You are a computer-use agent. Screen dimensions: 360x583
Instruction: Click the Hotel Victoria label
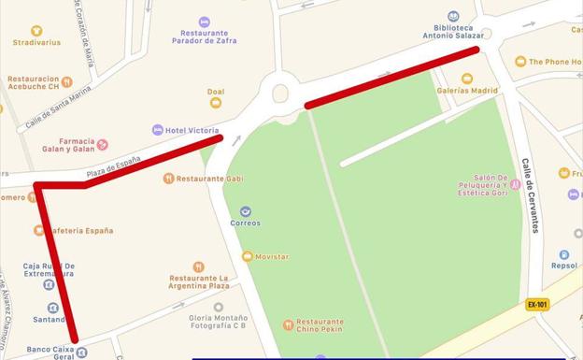pyautogui.click(x=192, y=130)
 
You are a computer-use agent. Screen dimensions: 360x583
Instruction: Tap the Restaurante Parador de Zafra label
pyautogui.click(x=204, y=36)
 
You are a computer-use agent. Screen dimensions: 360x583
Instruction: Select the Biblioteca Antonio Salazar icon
pyautogui.click(x=453, y=16)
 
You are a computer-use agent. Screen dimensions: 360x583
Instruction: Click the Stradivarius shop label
pyautogui.click(x=36, y=42)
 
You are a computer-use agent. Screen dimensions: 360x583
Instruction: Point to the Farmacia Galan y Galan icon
pyautogui.click(x=103, y=144)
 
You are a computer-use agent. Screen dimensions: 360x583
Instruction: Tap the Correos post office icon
pyautogui.click(x=246, y=211)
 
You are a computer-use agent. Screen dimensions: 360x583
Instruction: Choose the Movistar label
pyautogui.click(x=271, y=256)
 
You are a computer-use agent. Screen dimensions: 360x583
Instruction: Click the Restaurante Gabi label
pyautogui.click(x=209, y=178)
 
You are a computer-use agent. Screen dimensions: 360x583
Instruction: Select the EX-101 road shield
pyautogui.click(x=536, y=304)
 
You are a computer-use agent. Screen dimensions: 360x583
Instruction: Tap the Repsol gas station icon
pyautogui.click(x=564, y=254)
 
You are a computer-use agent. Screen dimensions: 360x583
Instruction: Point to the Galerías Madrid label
pyautogui.click(x=467, y=91)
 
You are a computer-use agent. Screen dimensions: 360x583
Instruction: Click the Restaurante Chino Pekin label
pyautogui.click(x=320, y=326)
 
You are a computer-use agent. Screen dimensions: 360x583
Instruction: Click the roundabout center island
pyautogui.click(x=280, y=92)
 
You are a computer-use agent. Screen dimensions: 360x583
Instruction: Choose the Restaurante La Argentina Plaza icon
pyautogui.click(x=199, y=267)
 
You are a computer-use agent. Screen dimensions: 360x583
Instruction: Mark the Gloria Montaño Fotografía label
pyautogui.click(x=219, y=323)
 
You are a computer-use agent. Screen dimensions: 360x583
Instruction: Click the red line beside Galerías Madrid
pyautogui.click(x=392, y=75)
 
